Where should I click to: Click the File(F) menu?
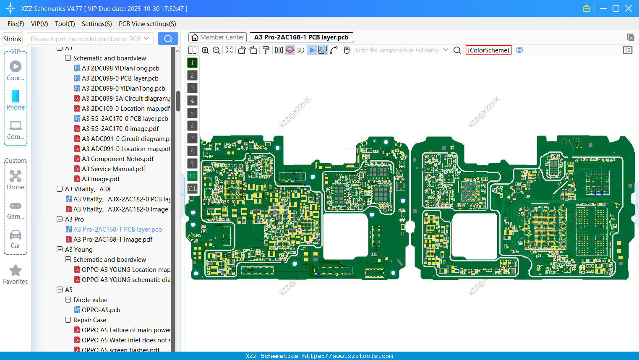16,24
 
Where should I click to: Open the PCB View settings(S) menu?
147,24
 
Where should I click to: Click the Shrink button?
12,39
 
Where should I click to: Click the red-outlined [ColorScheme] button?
488,50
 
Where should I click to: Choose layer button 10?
192,176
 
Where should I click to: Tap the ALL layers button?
192,189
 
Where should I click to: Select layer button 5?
192,113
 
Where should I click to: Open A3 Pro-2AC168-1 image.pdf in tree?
112,240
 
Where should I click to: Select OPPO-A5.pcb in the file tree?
101,310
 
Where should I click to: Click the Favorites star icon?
16,271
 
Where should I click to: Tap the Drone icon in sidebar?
16,177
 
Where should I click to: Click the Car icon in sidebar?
16,235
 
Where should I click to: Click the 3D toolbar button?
300,50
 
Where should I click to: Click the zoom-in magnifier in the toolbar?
205,50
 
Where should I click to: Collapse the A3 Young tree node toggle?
60,250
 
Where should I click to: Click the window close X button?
629,8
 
